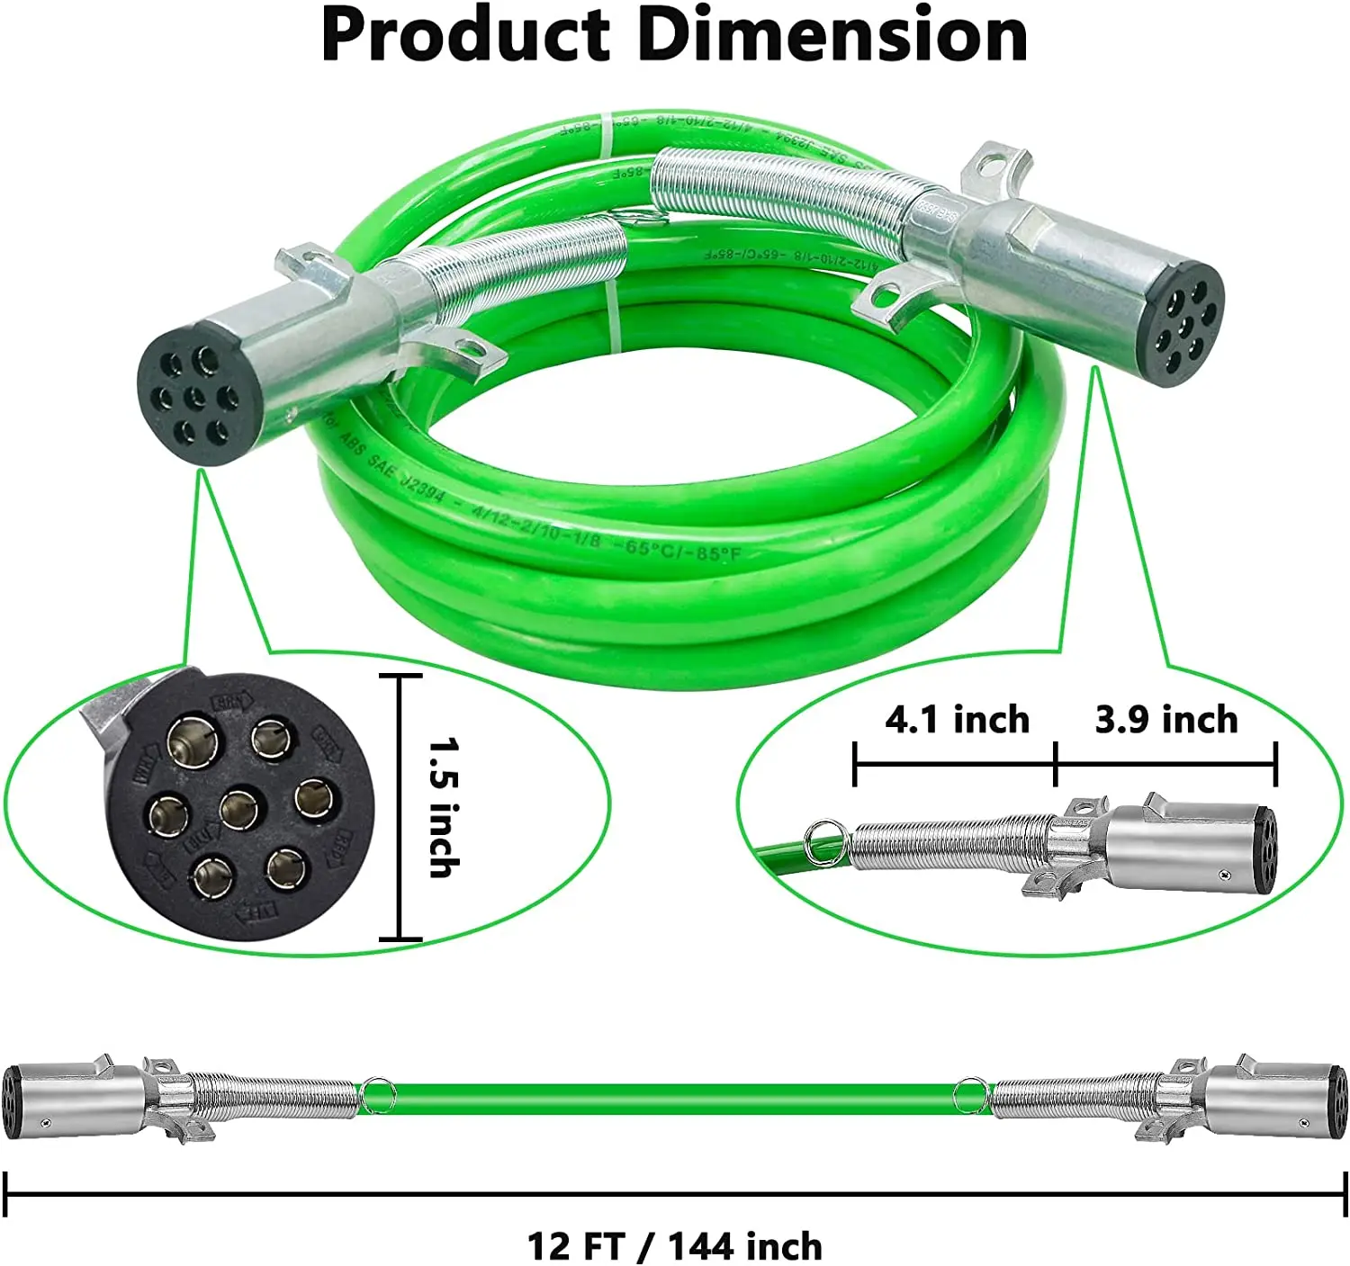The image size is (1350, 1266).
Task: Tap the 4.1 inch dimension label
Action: pos(957,720)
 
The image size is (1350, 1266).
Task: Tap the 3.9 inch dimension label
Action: pos(1166,720)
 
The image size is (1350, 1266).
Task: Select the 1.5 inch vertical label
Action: pos(443,807)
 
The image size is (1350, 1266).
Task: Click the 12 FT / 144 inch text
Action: pos(674,1246)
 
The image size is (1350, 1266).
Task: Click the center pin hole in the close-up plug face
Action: pos(239,807)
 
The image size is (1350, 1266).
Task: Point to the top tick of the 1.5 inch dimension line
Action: pos(400,675)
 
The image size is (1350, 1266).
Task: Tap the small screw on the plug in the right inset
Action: pos(1223,874)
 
